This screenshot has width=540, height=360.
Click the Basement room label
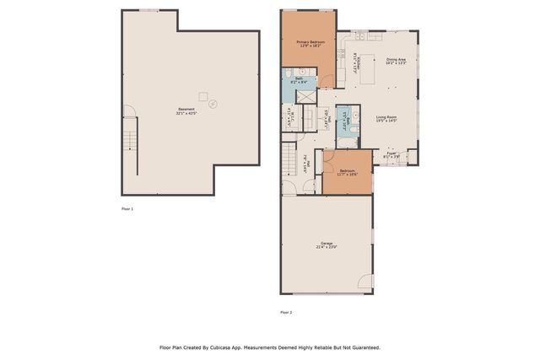tap(186, 110)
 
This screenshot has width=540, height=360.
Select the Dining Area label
tap(397, 61)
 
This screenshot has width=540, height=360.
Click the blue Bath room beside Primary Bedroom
tap(300, 81)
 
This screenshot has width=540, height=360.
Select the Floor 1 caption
tap(127, 208)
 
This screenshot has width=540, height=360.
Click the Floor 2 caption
tap(286, 312)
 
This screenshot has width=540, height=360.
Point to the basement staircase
tap(130, 135)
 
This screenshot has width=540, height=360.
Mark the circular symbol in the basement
tap(212, 105)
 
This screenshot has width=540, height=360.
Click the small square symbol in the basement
tap(202, 94)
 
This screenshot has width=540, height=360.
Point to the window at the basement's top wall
tap(149, 10)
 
